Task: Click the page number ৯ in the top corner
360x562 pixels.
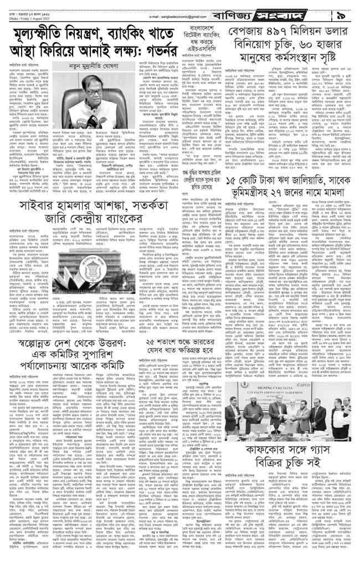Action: (x=343, y=9)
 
